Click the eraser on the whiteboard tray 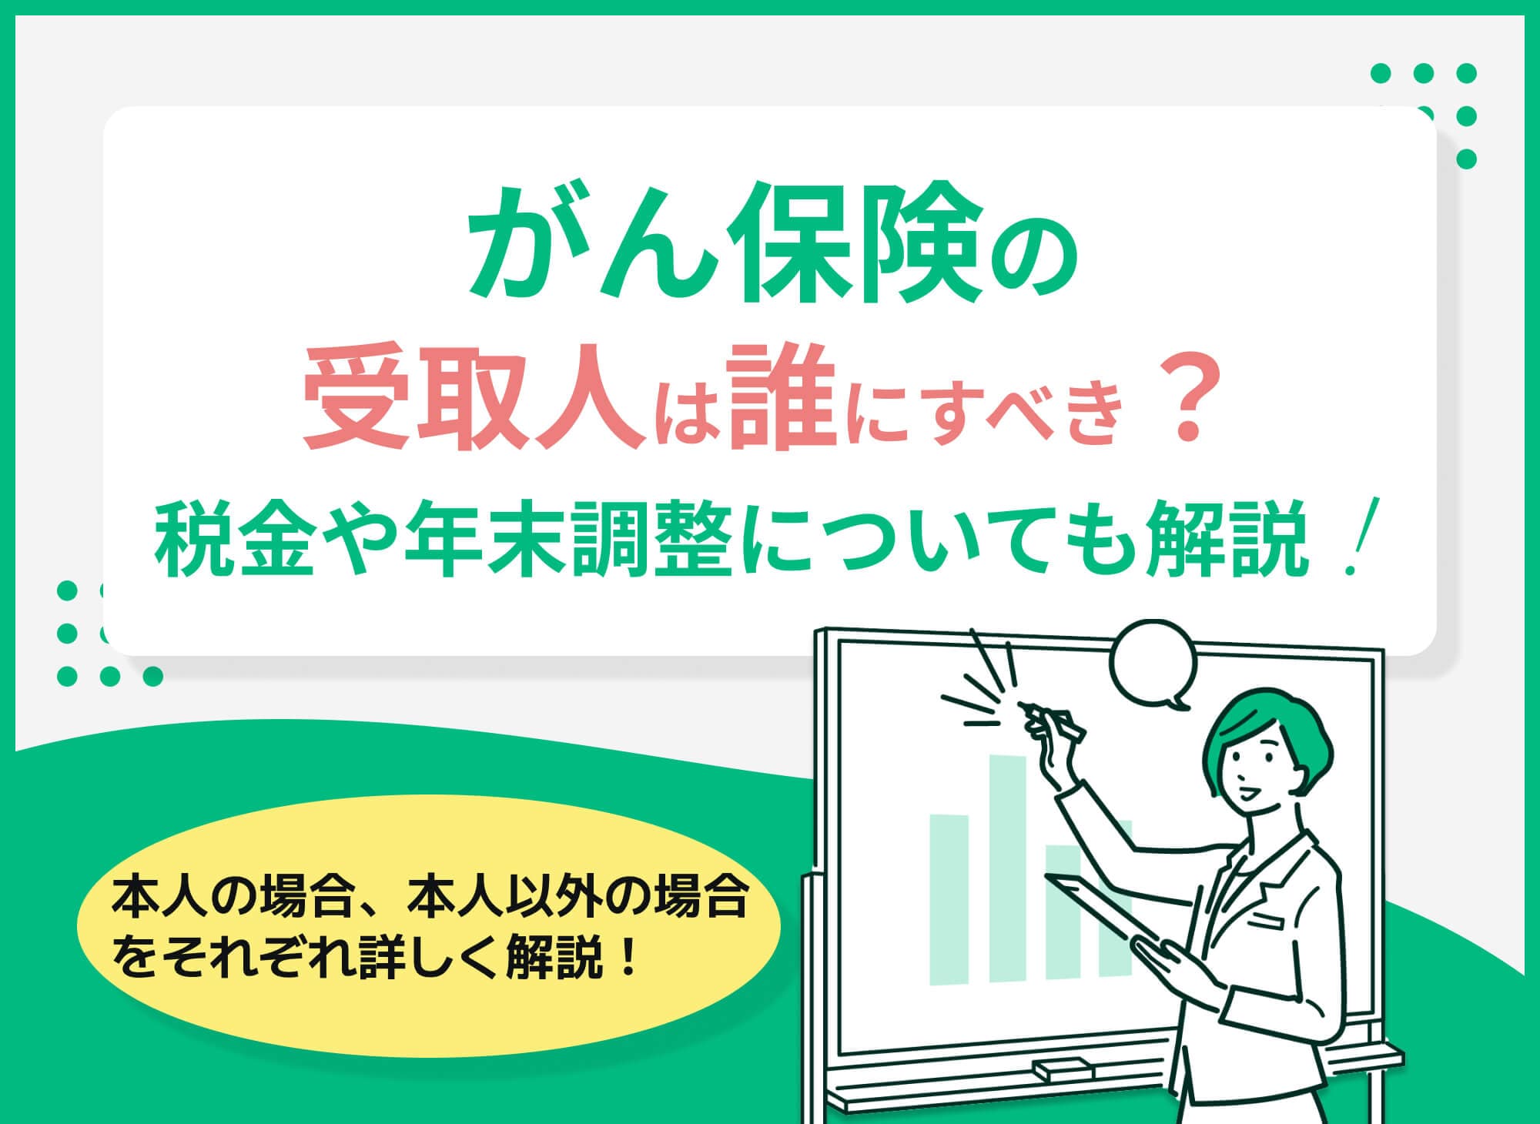click(x=1063, y=1069)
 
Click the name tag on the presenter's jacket click(x=1274, y=919)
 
